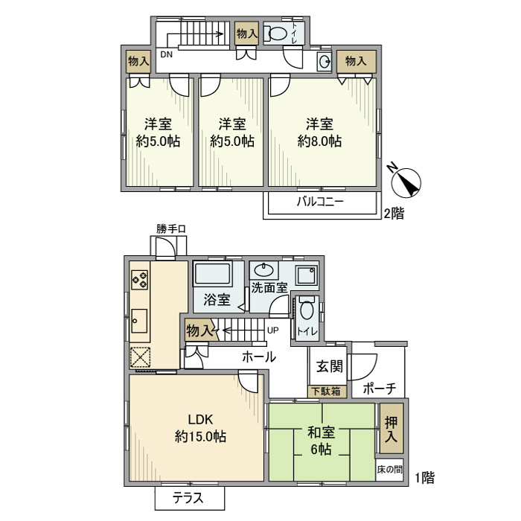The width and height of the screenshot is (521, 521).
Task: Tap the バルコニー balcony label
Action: pos(320,202)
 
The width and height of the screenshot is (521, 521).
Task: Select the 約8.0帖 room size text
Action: pos(319,141)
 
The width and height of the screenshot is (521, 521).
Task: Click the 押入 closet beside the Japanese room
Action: pos(391,429)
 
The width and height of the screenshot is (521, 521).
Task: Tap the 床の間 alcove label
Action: pos(391,470)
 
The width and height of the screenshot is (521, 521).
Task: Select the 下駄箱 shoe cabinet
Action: pos(325,391)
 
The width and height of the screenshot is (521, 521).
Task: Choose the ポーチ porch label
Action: pos(378,389)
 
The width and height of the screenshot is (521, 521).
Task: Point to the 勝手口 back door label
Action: pos(170,228)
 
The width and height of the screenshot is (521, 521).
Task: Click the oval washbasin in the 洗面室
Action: pos(263,269)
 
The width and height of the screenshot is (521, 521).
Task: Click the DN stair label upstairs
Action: pos(165,54)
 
